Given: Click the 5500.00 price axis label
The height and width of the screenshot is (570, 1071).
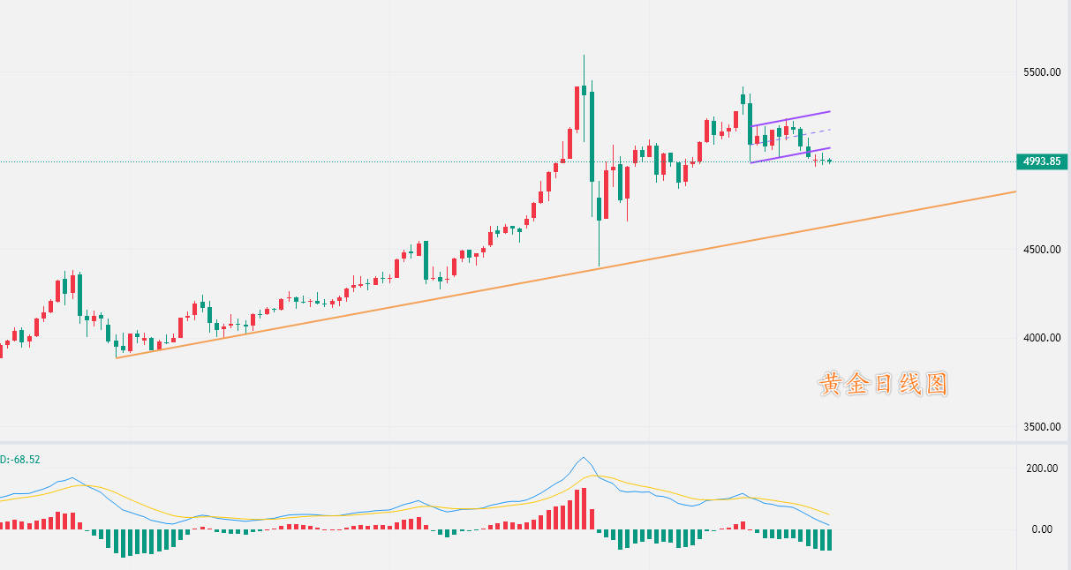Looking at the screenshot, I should tap(1042, 72).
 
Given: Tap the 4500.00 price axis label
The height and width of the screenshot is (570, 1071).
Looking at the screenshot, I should tap(1042, 250).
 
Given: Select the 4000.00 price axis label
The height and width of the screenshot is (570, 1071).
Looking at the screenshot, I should tap(1042, 339).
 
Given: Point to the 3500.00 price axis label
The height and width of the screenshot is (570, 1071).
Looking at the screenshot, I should tap(1042, 427).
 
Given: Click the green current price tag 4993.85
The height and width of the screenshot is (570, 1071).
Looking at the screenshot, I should tap(1043, 161).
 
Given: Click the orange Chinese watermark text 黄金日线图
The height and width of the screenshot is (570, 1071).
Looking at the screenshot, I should tap(884, 384).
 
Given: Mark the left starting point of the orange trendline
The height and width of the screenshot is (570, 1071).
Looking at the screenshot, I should tap(116, 357).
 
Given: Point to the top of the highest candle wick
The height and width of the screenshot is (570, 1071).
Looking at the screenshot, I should tap(584, 55).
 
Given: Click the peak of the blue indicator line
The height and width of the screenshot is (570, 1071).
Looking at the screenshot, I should tap(583, 457).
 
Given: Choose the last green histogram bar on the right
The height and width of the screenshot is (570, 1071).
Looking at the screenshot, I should tap(829, 539).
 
